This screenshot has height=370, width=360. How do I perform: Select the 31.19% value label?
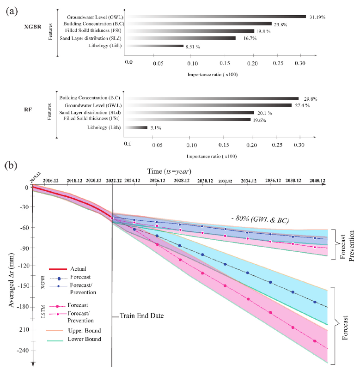pyautogui.click(x=317, y=17)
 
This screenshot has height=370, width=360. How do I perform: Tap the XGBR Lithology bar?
pyautogui.click(x=154, y=46)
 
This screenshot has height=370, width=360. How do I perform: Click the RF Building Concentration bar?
pyautogui.click(x=213, y=98)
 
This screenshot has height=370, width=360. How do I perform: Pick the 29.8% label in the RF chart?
pyautogui.click(x=310, y=99)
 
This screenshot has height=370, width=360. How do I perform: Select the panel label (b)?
pyautogui.click(x=12, y=165)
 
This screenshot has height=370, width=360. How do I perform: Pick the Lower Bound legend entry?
pyautogui.click(x=84, y=340)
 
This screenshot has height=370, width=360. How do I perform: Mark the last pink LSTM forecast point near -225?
pyautogui.click(x=315, y=341)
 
